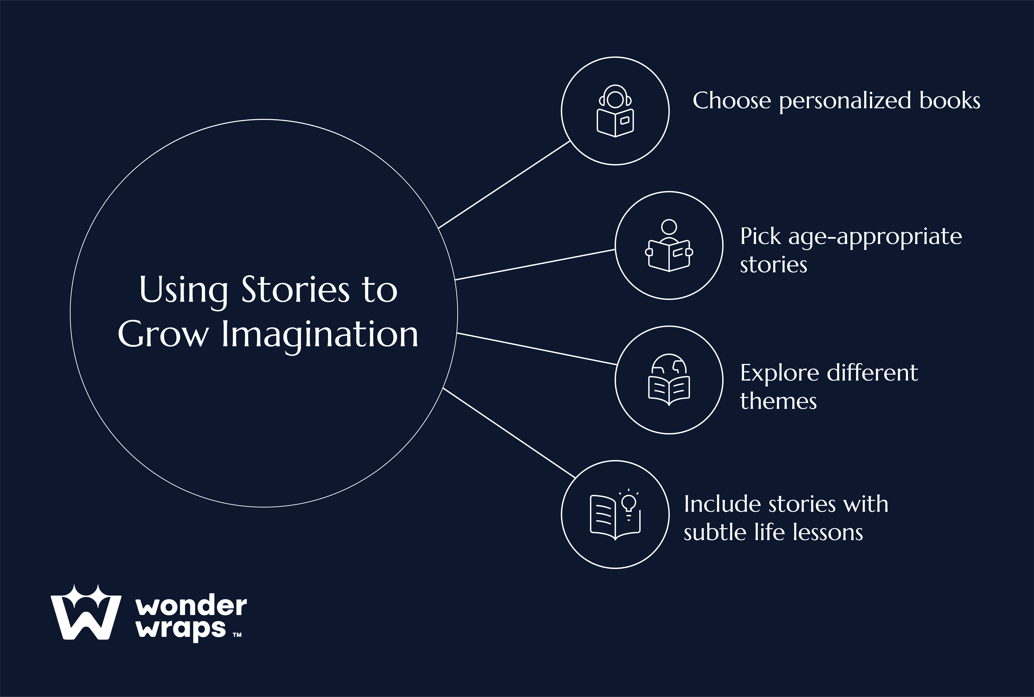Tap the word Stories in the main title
(295, 290)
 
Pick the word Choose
(732, 101)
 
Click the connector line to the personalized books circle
(504, 184)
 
